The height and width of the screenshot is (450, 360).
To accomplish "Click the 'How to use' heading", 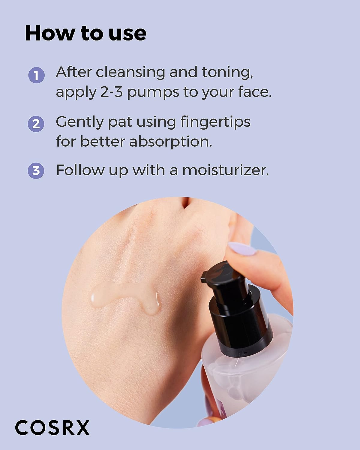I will pyautogui.click(x=86, y=33).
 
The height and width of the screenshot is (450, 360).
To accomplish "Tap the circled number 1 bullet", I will pyautogui.click(x=36, y=75).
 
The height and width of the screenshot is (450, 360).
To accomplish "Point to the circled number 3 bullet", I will pyautogui.click(x=36, y=170).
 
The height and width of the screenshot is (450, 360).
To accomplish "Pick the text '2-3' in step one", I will pyautogui.click(x=110, y=92).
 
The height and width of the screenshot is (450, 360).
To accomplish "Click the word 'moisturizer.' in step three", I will pyautogui.click(x=225, y=170).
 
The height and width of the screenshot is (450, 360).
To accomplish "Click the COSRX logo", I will pyautogui.click(x=52, y=427).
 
